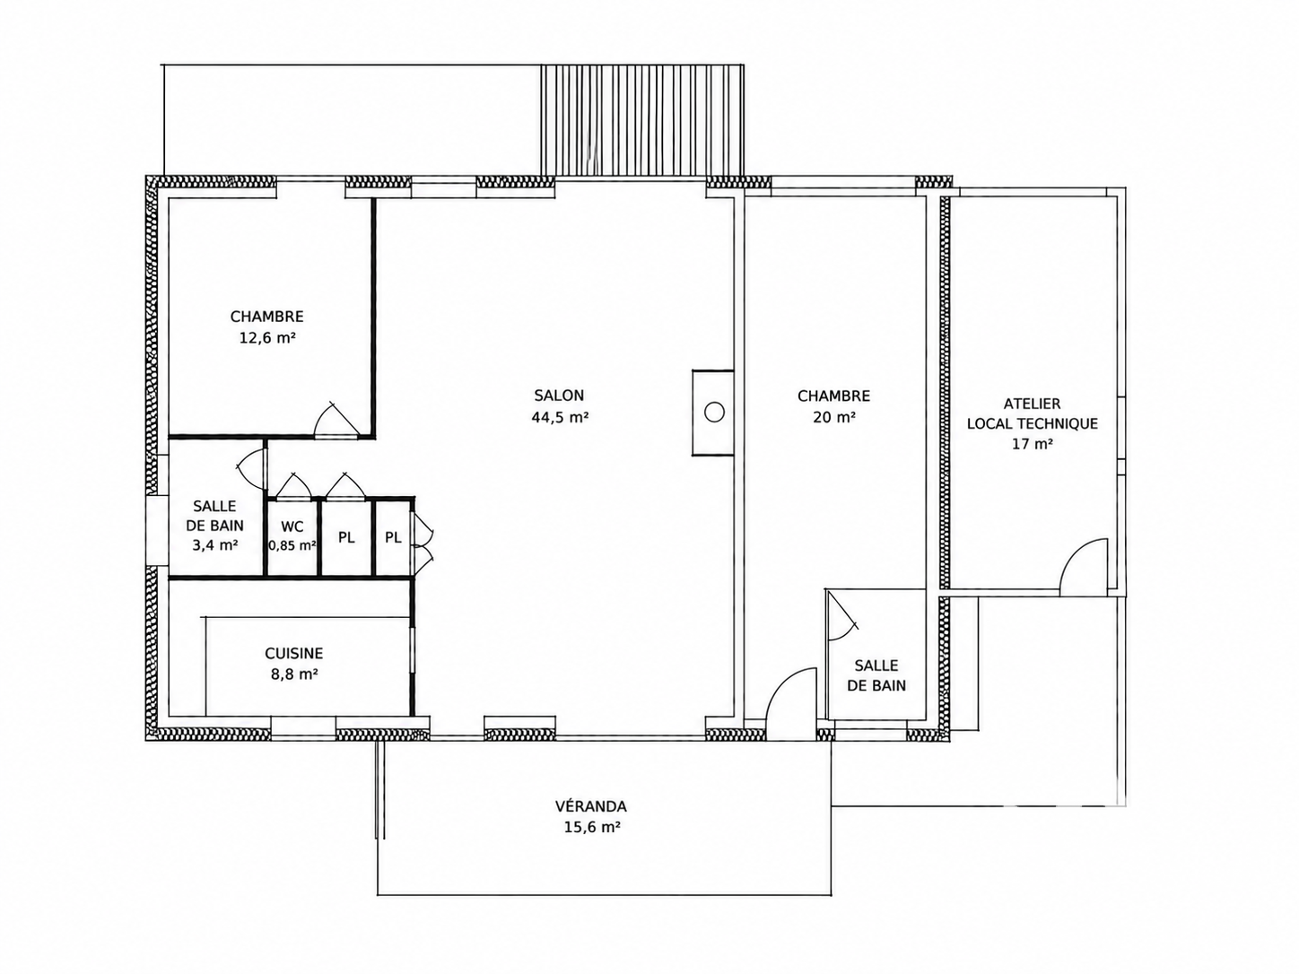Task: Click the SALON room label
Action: [x=559, y=395]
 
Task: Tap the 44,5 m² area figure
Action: [x=560, y=418]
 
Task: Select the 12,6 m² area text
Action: [x=267, y=338]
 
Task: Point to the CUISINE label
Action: [x=293, y=654]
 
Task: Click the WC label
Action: [x=292, y=526]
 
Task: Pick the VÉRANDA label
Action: [x=590, y=806]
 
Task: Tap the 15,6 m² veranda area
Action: [x=592, y=827]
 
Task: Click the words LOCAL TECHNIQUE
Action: [x=1032, y=424]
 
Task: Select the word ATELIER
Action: [x=1032, y=404]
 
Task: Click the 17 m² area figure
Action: [x=1032, y=444]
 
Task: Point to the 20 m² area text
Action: [x=833, y=418]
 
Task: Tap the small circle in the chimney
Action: [x=714, y=413]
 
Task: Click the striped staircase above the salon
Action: [x=642, y=120]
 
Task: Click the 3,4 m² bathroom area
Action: [x=214, y=545]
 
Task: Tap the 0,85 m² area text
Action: [x=292, y=545]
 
